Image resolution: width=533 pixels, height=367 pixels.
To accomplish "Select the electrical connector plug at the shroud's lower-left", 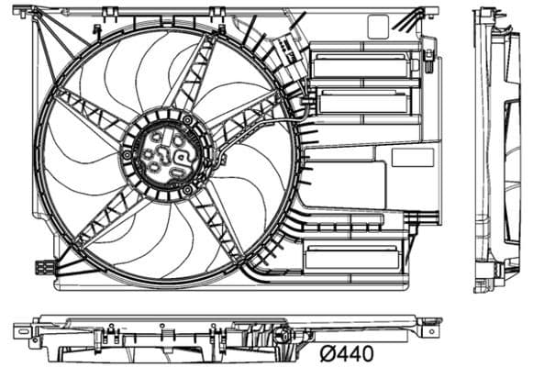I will (x=44, y=268).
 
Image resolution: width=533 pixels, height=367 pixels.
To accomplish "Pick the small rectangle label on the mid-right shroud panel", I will (x=412, y=157).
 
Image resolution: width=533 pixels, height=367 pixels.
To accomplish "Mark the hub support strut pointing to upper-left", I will (x=93, y=115).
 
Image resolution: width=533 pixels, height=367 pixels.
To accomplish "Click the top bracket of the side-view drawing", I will (x=486, y=16).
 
